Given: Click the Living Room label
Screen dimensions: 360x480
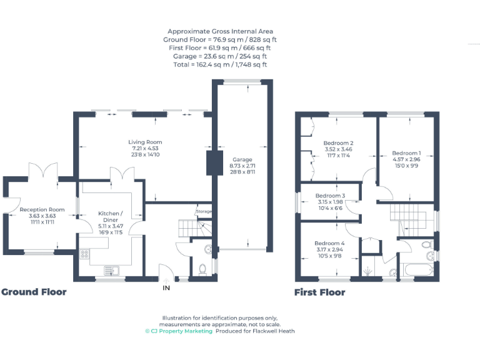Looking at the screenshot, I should coord(145,142).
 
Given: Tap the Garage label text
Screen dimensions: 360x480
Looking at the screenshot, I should coord(242,159).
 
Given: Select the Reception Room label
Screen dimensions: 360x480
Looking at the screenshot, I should coord(42,209).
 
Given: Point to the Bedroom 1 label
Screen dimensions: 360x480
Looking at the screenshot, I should coord(406,153).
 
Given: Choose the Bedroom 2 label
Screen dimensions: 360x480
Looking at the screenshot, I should coord(338,143).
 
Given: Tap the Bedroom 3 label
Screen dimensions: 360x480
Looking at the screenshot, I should coord(330,196).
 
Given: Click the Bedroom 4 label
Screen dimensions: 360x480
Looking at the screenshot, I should coord(329,243).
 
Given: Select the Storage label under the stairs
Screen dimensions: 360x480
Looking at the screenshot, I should coord(204,212).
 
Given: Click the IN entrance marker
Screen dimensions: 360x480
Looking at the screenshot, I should coord(166,288).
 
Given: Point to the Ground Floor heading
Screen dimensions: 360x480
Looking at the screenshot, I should coord(34,292).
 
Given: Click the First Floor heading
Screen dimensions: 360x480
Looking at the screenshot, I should coord(319,292).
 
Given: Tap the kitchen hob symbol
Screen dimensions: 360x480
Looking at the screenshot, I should coord(84,254).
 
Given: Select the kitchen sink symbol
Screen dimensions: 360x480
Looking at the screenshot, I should coord(117,270).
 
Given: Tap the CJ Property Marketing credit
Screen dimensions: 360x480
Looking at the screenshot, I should coord(178,331).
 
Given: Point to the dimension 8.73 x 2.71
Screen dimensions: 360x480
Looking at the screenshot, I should coord(242,166).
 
